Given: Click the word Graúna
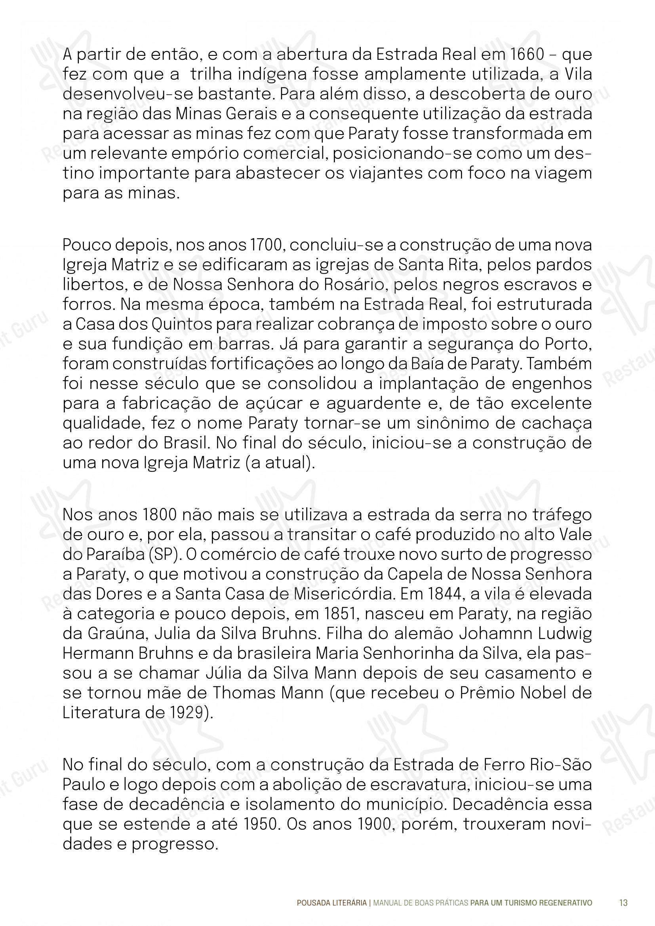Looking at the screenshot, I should [115, 633].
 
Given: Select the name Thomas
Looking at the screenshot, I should [238, 693].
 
